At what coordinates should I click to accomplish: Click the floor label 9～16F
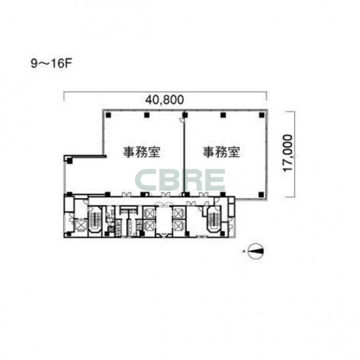52,64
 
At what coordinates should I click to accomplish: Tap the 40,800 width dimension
165,100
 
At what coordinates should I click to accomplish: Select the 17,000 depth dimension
288,153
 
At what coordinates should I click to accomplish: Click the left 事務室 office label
142,152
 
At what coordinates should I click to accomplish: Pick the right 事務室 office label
221,152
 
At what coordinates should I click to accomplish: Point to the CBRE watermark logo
180,180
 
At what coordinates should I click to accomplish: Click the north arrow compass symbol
255,251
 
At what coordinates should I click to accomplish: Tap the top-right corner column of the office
261,114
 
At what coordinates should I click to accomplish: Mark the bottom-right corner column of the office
261,195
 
